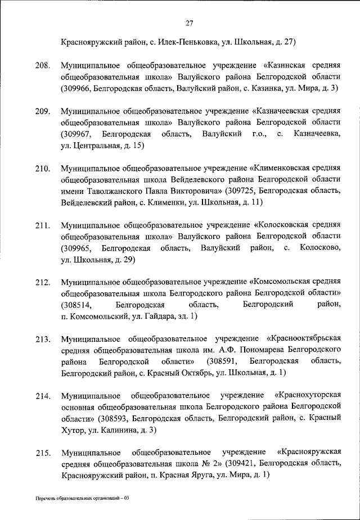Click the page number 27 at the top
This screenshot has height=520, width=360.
[x=189, y=23]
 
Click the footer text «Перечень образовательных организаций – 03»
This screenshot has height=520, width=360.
[x=82, y=498]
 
